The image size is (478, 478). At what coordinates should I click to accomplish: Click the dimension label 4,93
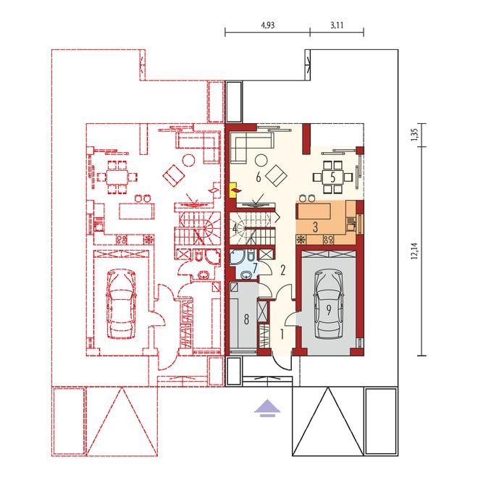(x=268, y=25)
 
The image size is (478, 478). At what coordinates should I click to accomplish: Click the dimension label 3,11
(x=337, y=25)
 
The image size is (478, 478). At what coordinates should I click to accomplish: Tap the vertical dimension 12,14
(x=414, y=251)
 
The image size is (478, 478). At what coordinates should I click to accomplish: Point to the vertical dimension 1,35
(x=414, y=135)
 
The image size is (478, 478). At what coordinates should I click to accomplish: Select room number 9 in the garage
(x=329, y=310)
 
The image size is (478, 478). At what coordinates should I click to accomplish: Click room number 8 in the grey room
(x=246, y=319)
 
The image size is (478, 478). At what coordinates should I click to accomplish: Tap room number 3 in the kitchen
(x=315, y=227)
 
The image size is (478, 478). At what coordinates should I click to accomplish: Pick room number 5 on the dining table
(x=333, y=177)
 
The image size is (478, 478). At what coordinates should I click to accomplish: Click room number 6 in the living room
(x=259, y=177)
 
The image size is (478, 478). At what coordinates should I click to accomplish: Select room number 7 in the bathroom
(x=255, y=267)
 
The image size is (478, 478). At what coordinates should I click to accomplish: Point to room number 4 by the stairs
(x=235, y=228)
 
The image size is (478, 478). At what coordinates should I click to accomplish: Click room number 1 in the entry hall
(x=282, y=335)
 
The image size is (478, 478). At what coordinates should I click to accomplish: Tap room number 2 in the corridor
(x=283, y=270)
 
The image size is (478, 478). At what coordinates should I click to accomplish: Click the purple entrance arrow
(x=267, y=408)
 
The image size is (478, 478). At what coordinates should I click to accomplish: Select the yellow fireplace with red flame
(x=234, y=190)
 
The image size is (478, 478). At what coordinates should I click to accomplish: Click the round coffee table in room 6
(x=261, y=160)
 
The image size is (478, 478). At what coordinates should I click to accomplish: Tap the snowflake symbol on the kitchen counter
(x=301, y=240)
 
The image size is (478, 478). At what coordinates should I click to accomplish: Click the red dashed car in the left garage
(x=121, y=303)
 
